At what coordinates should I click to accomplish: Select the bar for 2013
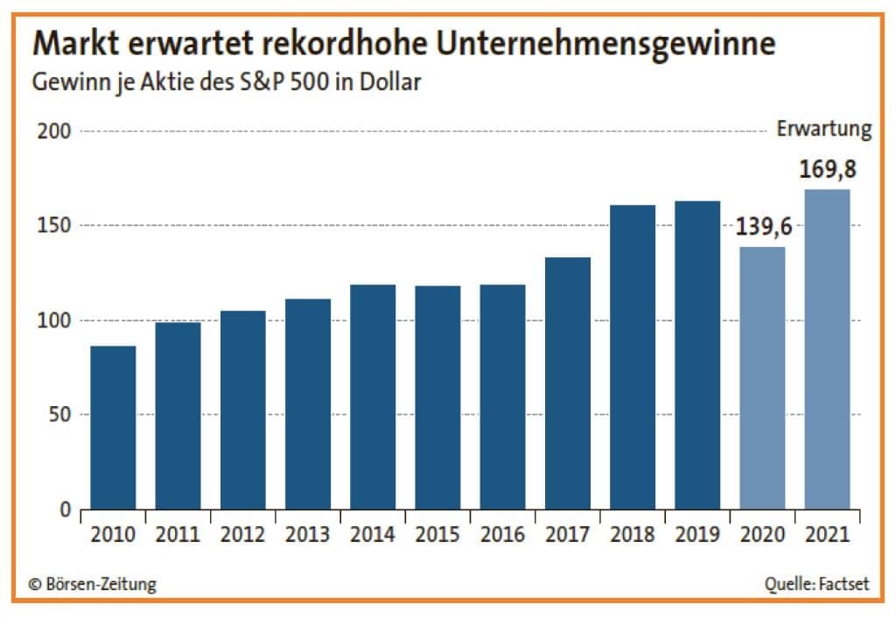coord(308,404)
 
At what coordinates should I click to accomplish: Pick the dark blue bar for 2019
coord(697,355)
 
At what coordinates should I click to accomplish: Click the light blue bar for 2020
coord(762,377)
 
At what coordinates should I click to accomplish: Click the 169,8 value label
coord(827,170)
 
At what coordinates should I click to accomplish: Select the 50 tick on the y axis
coord(59,414)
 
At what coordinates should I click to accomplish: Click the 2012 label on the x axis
coord(242,534)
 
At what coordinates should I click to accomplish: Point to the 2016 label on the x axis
coord(502,534)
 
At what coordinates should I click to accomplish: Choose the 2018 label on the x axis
coord(633,534)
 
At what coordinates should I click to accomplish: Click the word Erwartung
coord(824,130)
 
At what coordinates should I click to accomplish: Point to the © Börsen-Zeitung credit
coord(93,584)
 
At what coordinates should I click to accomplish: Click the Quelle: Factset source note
coord(816,584)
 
